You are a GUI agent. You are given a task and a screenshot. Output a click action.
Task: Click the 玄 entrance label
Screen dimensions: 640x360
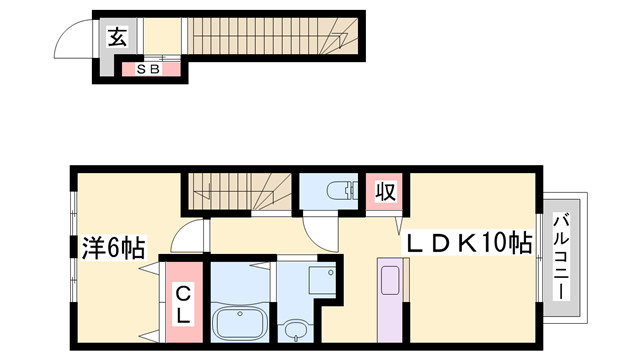118,37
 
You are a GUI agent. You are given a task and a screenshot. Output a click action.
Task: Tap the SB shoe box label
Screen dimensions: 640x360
148,69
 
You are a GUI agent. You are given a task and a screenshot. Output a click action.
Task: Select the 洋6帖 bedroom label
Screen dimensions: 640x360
113,247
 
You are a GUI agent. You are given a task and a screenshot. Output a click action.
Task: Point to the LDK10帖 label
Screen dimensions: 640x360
467,243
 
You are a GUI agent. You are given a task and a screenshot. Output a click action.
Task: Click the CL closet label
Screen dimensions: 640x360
183,304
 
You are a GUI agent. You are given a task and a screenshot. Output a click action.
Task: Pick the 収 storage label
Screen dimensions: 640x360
386,191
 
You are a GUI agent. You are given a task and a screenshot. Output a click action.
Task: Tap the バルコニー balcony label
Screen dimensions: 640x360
562,257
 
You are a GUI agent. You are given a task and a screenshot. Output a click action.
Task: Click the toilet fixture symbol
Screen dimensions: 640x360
342,190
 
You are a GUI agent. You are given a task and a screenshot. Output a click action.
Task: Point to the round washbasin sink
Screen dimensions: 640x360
296,330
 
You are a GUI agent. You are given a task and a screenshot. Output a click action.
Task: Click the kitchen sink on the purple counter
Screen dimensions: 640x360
390,280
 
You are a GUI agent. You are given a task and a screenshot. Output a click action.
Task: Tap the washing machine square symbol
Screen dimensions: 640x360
322,280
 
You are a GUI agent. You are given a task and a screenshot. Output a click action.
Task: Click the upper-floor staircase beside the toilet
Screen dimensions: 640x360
240,191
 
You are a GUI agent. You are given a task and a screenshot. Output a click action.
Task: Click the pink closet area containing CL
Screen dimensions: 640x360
184,302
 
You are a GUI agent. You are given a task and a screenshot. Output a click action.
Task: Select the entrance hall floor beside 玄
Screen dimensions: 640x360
162,36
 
